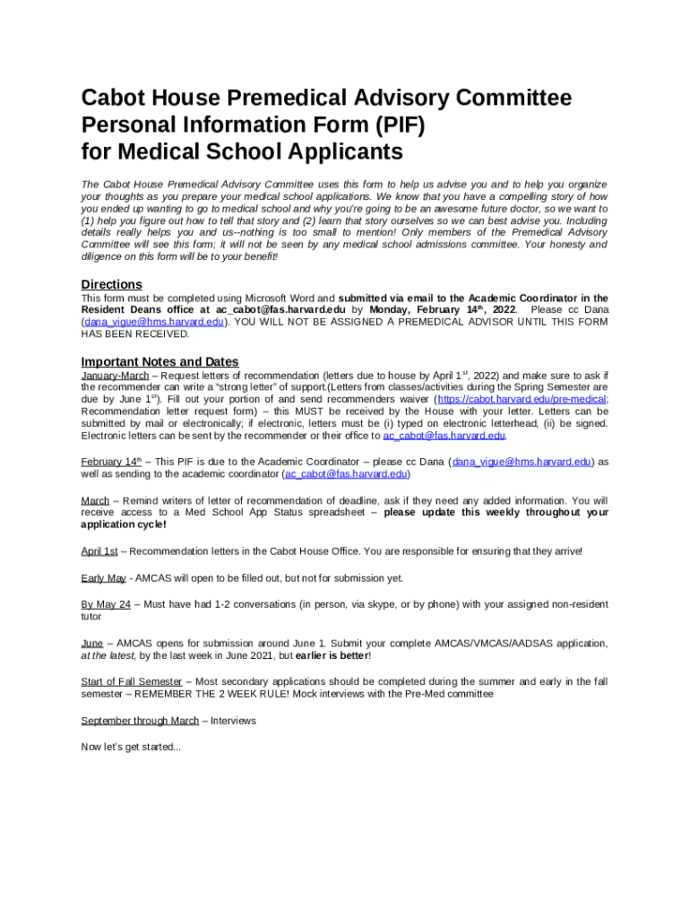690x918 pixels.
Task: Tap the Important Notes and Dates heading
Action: click(x=160, y=361)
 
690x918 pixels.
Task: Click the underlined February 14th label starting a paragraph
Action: click(x=112, y=462)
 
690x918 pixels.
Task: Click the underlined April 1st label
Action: click(x=99, y=550)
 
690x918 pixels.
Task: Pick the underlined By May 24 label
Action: click(x=106, y=605)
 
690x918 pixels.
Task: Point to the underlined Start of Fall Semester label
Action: click(x=131, y=682)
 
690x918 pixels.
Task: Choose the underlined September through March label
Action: click(x=140, y=721)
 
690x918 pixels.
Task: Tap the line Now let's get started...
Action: click(x=131, y=747)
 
